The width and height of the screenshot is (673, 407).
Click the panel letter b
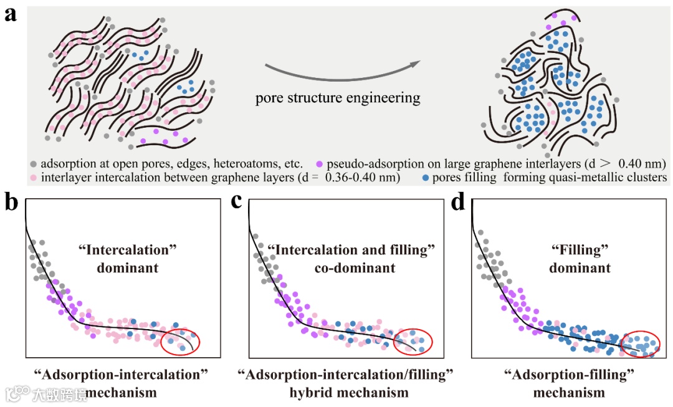pyautogui.click(x=11, y=203)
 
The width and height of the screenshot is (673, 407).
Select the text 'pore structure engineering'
pyautogui.click(x=338, y=98)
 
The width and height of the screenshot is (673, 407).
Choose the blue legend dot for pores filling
pyautogui.click(x=425, y=178)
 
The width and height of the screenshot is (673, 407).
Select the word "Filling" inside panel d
pyautogui.click(x=571, y=251)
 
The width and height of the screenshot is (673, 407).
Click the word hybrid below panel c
pyautogui.click(x=311, y=393)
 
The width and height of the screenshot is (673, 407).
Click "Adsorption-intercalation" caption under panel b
pyautogui.click(x=122, y=375)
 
